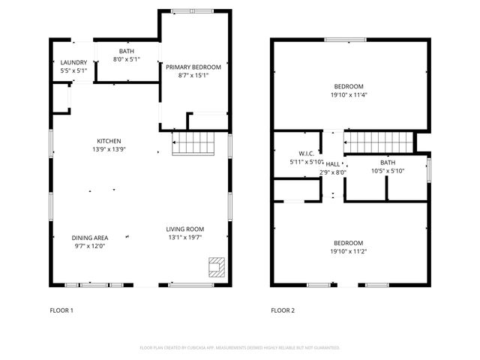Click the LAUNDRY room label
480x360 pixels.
[x=73, y=63]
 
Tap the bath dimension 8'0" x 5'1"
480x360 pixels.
[x=126, y=59]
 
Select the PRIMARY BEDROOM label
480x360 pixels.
[x=193, y=66]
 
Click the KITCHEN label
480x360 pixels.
[x=109, y=141]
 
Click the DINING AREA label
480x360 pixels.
[x=89, y=238]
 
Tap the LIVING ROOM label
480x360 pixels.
[x=184, y=229]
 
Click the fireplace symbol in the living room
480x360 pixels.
[x=216, y=268]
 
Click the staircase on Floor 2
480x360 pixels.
[x=379, y=140]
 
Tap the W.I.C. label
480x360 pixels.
[x=306, y=153]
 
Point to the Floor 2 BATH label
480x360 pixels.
[x=387, y=163]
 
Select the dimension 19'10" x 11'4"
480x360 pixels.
[x=349, y=95]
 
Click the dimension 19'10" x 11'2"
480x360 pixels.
[x=349, y=251]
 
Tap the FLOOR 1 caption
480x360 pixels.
[x=61, y=310]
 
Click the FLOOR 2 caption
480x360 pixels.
[x=283, y=310]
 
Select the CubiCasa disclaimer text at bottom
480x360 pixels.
[x=240, y=348]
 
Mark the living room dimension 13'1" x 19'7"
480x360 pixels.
[x=184, y=238]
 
